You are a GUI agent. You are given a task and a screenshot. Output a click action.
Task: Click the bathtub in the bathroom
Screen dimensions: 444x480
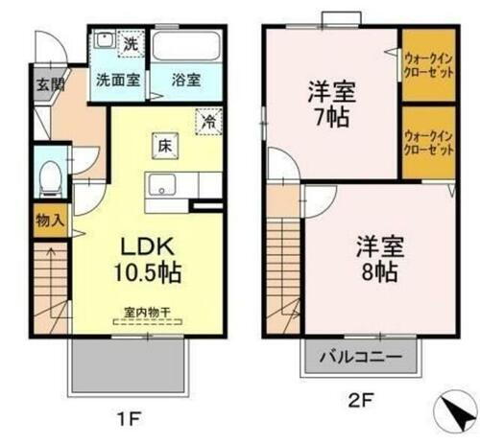188,47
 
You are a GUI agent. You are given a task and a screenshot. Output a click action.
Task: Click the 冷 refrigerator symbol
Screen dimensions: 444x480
207,122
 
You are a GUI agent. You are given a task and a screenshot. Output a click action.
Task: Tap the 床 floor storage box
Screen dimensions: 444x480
164,147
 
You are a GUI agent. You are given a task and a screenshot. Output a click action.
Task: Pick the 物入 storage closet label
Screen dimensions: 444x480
49,221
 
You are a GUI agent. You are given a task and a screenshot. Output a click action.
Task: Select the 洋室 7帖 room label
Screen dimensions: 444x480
329,105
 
